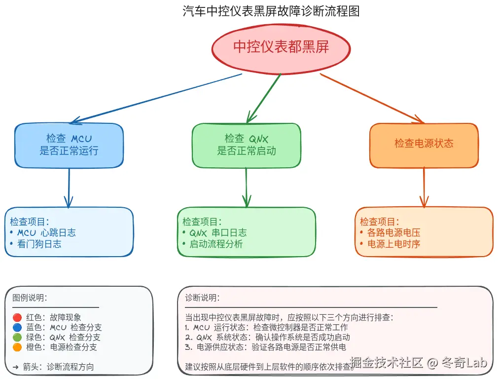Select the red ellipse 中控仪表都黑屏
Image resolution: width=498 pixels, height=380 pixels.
click(281, 47)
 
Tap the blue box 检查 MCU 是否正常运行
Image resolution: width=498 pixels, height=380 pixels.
click(69, 145)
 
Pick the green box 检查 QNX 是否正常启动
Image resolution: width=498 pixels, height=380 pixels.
click(247, 145)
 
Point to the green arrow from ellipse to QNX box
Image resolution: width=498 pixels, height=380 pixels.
click(264, 98)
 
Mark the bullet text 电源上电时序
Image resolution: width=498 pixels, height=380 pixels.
click(393, 244)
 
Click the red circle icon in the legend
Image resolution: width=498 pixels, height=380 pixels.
click(17, 318)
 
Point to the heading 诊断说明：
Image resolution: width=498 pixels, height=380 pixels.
click(203, 298)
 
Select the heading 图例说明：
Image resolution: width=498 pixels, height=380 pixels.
click(30, 298)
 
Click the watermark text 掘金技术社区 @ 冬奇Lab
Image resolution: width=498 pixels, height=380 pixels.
click(419, 364)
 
